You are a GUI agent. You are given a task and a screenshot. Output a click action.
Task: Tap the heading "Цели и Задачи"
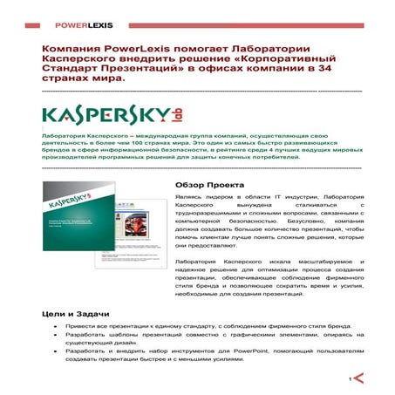(73, 312)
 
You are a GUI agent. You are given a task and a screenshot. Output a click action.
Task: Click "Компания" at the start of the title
(72, 44)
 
